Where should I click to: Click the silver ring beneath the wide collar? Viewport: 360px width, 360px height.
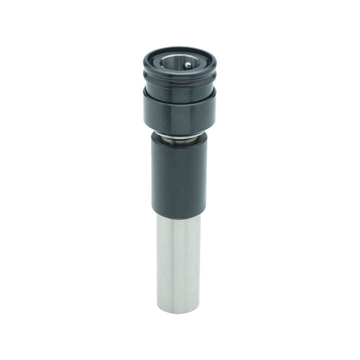(180, 138)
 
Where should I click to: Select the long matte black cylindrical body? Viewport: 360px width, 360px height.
(179, 176)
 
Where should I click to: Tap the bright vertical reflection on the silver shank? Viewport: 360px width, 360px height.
(169, 267)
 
